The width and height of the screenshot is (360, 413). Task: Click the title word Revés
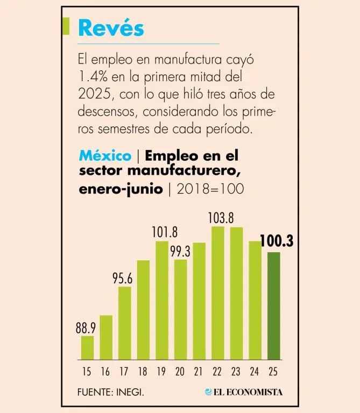pos(111,27)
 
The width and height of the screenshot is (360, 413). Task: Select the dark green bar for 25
pos(274,305)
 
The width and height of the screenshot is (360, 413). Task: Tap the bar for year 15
pos(87,348)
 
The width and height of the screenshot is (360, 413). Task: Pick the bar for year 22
pos(218,293)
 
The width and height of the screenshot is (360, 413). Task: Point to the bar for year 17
pos(125,323)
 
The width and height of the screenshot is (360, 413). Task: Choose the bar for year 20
pos(181,309)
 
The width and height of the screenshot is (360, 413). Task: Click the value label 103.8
pos(221,218)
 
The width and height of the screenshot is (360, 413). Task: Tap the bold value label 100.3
pos(277,241)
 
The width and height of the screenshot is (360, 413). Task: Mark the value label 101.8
pos(164,233)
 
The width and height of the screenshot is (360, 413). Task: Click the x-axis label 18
pos(143,372)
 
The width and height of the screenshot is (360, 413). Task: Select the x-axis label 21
pos(199,372)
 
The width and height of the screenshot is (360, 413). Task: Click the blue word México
pos(105,156)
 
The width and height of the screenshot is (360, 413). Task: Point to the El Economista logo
pos(243,392)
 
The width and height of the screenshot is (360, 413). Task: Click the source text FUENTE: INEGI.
pos(111,392)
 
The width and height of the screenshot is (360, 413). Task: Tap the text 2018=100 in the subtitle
pos(210,189)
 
